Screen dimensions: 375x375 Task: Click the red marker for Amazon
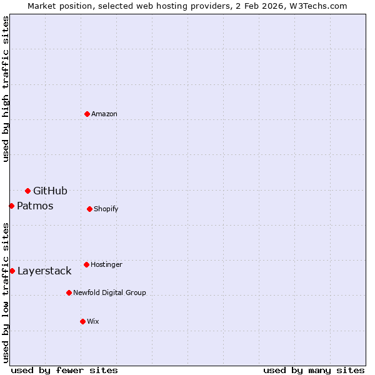point(87,114)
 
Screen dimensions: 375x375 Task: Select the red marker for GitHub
point(27,191)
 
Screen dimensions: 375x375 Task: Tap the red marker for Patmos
point(11,206)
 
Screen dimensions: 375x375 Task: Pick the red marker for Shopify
point(89,209)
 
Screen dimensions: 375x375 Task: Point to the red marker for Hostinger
point(86,264)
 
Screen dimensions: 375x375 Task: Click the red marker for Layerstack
point(12,271)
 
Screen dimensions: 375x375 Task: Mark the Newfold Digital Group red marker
point(69,292)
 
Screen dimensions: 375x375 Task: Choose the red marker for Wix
point(82,321)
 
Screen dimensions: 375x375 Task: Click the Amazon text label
point(104,114)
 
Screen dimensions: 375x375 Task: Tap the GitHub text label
point(50,191)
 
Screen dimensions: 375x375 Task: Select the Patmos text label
point(35,206)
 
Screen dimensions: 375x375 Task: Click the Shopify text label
point(106,209)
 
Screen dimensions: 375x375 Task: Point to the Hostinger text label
point(106,264)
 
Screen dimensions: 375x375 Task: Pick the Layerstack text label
point(44,271)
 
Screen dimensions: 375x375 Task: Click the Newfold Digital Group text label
point(109,292)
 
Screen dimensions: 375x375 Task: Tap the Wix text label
point(93,321)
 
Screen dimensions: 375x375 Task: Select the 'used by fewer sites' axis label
point(64,370)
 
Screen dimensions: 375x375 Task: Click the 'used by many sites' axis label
point(314,370)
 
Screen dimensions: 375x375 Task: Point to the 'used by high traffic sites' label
point(6,89)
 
